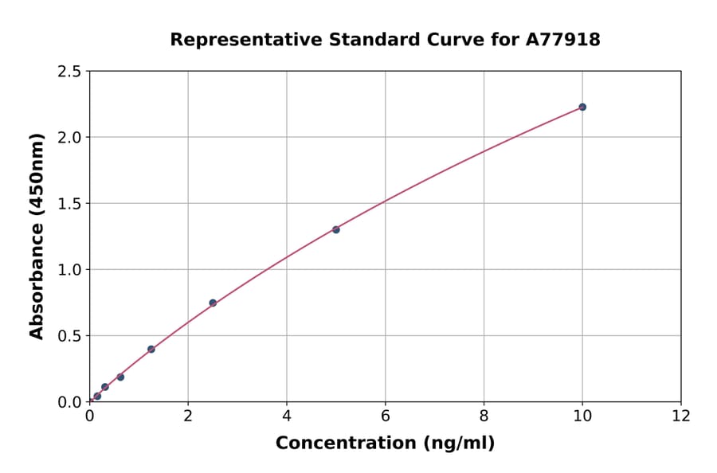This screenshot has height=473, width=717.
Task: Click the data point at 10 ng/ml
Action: (x=582, y=107)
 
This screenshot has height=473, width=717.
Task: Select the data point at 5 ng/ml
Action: (x=336, y=229)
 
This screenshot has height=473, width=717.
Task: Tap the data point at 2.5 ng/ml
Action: (x=213, y=303)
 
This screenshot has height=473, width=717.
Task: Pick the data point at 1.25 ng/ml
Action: (x=151, y=349)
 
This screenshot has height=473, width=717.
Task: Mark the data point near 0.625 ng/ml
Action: (x=120, y=377)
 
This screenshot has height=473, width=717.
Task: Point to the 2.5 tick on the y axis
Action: (x=69, y=72)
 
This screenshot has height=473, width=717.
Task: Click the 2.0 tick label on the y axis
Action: (x=69, y=138)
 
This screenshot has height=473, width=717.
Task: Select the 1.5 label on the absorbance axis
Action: (x=69, y=204)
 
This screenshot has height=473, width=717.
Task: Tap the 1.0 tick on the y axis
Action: (x=69, y=270)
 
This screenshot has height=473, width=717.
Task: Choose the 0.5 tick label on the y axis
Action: (x=69, y=336)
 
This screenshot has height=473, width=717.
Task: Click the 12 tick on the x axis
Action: (x=681, y=416)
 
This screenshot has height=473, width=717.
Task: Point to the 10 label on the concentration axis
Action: (x=582, y=416)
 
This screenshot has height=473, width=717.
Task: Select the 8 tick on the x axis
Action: (x=484, y=416)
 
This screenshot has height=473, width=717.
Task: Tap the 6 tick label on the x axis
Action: (x=385, y=416)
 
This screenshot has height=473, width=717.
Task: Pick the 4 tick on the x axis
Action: (x=287, y=416)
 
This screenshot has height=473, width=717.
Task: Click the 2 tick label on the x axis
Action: (x=188, y=416)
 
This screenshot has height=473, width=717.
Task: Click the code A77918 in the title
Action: (x=564, y=40)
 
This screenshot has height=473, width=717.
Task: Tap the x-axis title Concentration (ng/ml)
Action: (x=385, y=444)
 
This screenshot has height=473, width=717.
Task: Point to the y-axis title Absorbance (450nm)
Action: (x=37, y=236)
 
